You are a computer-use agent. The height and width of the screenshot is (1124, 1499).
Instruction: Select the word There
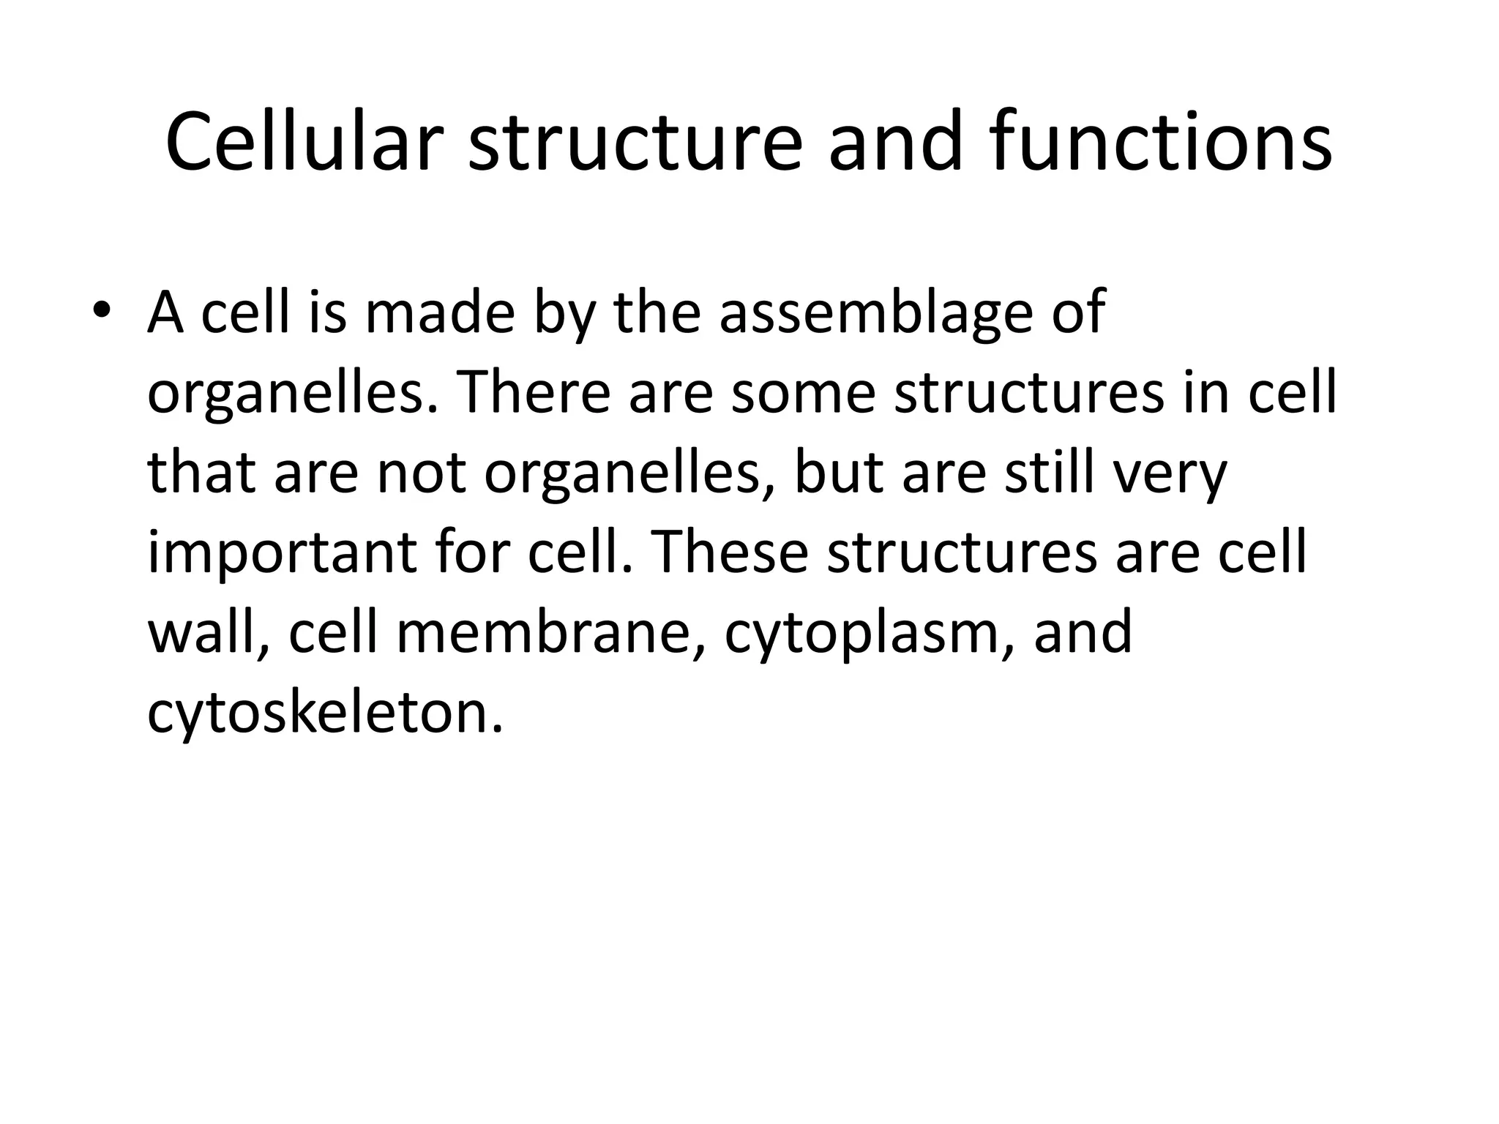[534, 393]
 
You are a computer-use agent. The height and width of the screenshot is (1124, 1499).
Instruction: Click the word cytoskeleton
[326, 713]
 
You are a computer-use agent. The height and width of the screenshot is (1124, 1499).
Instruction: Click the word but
[839, 473]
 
